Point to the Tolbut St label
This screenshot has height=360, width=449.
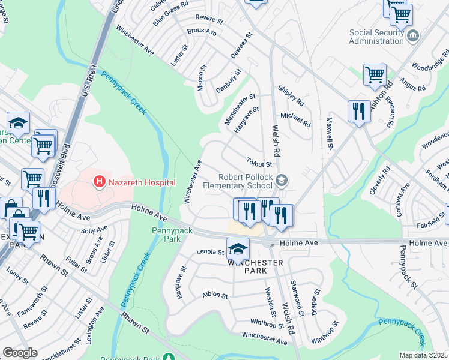point(259,163)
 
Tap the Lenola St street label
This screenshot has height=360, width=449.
point(209,253)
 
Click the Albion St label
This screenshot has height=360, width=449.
point(215,295)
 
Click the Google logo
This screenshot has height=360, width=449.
point(20,353)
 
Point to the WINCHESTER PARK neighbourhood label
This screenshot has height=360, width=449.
point(255,267)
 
